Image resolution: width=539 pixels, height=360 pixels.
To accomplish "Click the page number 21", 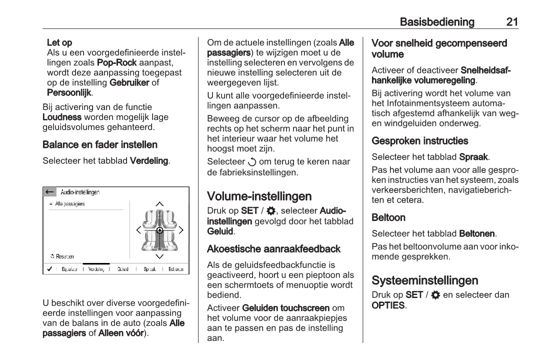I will pos(511,22).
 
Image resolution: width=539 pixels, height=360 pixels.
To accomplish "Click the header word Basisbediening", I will pos(437,22).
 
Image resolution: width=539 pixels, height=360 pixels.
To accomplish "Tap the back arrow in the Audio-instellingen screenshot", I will pos(49,192).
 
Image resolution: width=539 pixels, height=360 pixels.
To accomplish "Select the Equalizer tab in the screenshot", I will pos(69,269).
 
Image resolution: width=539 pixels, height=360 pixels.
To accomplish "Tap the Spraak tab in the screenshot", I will pos(149,269).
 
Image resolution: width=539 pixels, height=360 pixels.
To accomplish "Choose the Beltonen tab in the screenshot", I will pos(175,269).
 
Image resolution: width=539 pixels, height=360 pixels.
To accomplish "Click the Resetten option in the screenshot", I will pos(62,256).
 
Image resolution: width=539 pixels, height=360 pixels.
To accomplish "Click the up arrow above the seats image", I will pos(159,204).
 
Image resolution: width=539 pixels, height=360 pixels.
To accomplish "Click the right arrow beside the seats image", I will pos(181,230).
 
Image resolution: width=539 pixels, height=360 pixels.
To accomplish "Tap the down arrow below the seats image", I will pos(159,256).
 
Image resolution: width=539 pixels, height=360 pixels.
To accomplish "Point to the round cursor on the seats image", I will pos(159,230).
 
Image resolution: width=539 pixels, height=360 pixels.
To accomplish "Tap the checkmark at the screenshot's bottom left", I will pos(49,269).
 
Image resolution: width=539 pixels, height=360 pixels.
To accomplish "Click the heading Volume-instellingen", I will pos(259,196).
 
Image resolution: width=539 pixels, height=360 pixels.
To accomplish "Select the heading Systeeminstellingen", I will pos(424,280).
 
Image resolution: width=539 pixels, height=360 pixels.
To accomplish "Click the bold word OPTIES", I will pos(387,305).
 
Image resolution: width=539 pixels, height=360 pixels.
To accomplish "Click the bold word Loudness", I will pos(62,117).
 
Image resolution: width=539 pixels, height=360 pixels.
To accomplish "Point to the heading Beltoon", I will pos(388,217).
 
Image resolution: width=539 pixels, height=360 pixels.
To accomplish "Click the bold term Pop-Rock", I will pos(116,63).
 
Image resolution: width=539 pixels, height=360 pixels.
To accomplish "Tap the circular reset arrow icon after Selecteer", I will pos(251,162).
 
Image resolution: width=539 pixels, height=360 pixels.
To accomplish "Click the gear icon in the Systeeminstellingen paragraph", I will pos(435,295).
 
